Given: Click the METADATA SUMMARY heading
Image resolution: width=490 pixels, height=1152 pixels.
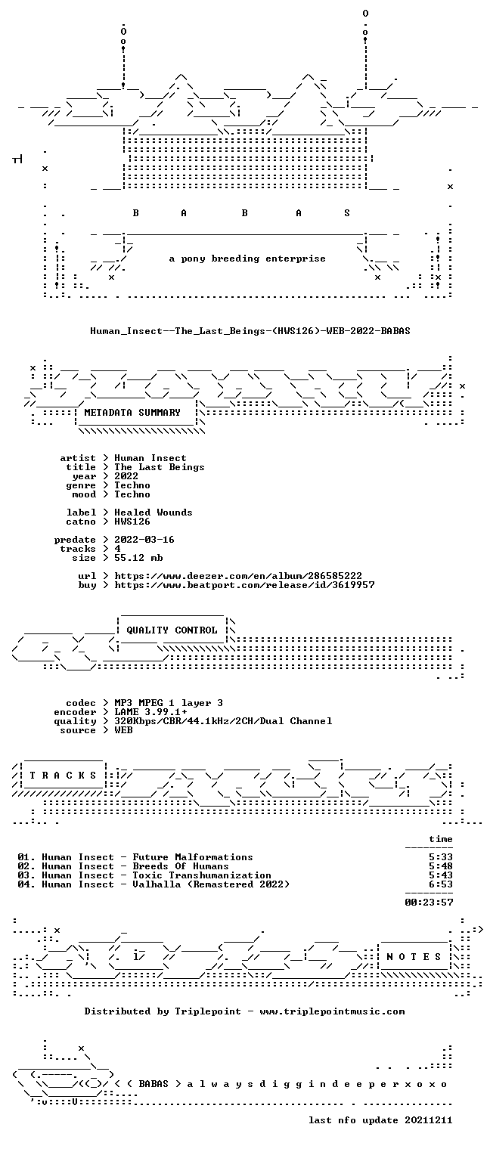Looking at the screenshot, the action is pyautogui.click(x=132, y=413).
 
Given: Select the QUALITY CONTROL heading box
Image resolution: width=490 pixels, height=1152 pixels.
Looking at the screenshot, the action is pyautogui.click(x=172, y=630).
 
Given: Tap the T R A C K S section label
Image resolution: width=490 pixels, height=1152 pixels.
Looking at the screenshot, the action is pyautogui.click(x=63, y=775).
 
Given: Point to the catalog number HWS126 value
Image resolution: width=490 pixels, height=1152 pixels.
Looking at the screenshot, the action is pyautogui.click(x=132, y=522).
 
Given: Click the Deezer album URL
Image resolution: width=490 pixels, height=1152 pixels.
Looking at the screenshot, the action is pyautogui.click(x=238, y=576).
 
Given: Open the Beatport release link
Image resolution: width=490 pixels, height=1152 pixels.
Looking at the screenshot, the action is pyautogui.click(x=244, y=585).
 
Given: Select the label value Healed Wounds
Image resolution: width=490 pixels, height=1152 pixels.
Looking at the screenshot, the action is pyautogui.click(x=154, y=513).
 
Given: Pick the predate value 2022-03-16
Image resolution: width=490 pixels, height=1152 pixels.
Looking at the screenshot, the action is pyautogui.click(x=144, y=540).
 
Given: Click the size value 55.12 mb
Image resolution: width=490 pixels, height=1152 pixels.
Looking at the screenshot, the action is pyautogui.click(x=138, y=558).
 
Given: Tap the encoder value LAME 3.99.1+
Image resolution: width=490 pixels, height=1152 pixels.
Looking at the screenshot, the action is pyautogui.click(x=150, y=712).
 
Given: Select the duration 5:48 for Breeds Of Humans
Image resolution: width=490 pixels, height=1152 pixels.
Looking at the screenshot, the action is pyautogui.click(x=441, y=866).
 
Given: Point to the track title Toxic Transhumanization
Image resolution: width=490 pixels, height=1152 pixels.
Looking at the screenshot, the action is pyautogui.click(x=202, y=875).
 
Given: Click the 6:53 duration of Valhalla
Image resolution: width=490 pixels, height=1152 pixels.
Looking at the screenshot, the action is pyautogui.click(x=441, y=884).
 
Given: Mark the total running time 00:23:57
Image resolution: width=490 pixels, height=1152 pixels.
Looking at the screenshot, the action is pyautogui.click(x=429, y=903).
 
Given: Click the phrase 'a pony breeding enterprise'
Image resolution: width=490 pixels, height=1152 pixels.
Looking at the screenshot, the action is pyautogui.click(x=247, y=259).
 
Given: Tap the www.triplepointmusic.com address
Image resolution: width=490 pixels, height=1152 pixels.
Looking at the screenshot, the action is pyautogui.click(x=332, y=1011).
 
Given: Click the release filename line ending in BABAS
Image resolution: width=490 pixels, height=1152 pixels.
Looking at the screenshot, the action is pyautogui.click(x=250, y=331).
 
